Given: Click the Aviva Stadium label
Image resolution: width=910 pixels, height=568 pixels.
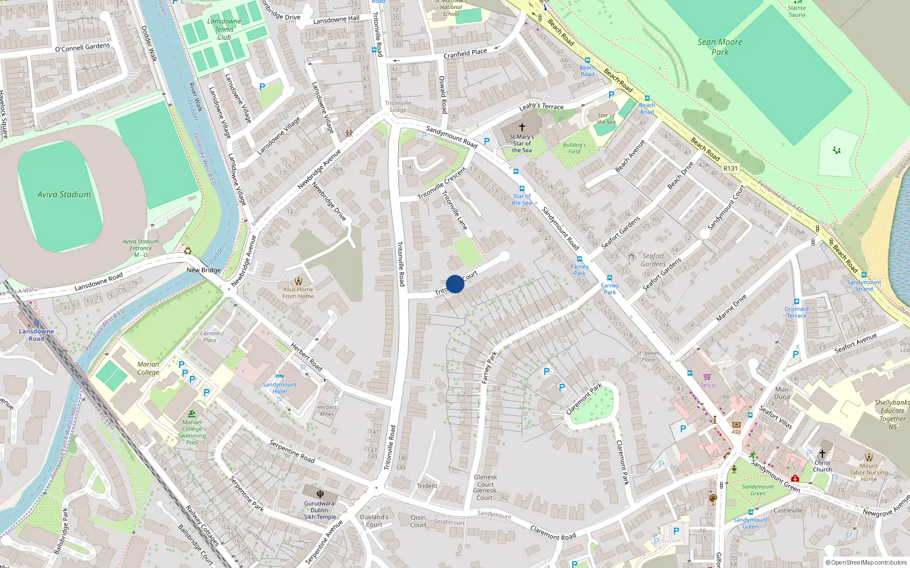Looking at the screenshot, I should [64, 194].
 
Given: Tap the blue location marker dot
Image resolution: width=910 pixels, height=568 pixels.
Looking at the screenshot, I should [455, 284].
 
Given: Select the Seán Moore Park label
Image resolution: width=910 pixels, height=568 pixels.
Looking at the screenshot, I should [719, 47].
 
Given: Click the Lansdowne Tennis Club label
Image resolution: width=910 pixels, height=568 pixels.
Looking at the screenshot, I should [224, 30].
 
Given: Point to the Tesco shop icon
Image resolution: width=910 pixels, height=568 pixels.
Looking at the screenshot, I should [707, 377].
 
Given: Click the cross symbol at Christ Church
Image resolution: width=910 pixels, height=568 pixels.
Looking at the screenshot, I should [822, 454].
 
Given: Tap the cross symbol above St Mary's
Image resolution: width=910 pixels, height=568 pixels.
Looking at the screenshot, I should [522, 127].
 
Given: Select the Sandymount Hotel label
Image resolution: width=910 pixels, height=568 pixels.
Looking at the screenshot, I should [279, 388].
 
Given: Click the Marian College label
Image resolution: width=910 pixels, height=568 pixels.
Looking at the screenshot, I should [148, 368].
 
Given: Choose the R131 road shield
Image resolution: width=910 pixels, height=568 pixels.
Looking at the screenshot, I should [730, 169].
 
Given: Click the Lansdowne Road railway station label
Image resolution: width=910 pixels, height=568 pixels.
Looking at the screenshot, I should [36, 335].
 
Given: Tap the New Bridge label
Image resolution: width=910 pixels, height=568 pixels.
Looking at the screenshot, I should [204, 270].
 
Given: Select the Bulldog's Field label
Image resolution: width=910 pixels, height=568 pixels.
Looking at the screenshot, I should [574, 148].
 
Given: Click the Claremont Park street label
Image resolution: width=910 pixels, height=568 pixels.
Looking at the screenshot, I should [584, 399].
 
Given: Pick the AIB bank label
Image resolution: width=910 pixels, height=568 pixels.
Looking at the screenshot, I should [736, 432].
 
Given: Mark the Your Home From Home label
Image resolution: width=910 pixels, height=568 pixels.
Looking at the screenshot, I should [298, 293].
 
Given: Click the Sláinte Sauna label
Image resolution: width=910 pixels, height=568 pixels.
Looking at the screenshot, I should [796, 11].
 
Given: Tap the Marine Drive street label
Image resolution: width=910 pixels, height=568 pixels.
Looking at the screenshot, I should [731, 308].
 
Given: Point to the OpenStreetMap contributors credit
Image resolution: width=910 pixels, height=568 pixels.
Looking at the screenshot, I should [866, 562].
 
